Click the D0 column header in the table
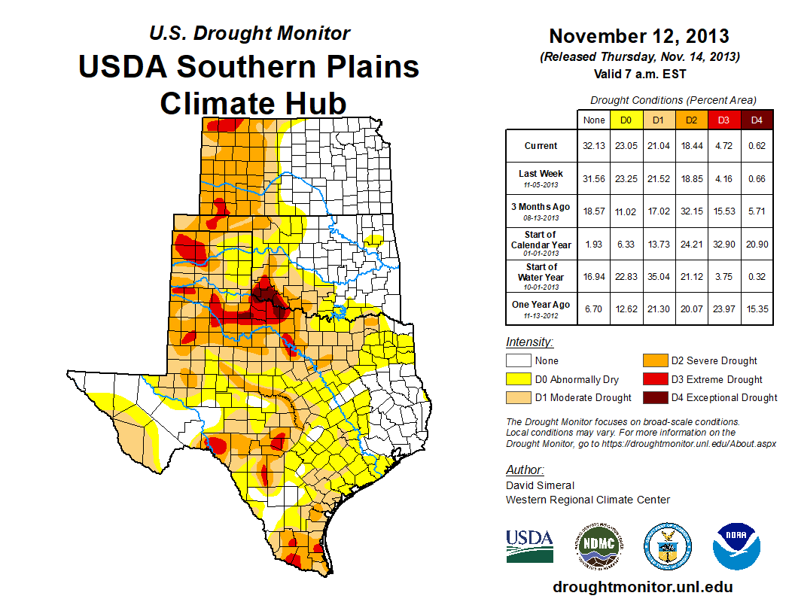coord(626,120)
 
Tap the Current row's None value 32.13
coord(593,146)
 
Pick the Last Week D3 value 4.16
coord(724,178)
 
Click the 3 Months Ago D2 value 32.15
coord(691,211)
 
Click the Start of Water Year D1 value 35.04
coord(658,276)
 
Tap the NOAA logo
coord(737,546)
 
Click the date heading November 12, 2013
coord(638,36)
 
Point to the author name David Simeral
coord(541,485)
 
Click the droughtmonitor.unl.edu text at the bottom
coord(642,587)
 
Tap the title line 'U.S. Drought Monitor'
coord(249,34)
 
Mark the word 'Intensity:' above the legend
coord(529,342)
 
